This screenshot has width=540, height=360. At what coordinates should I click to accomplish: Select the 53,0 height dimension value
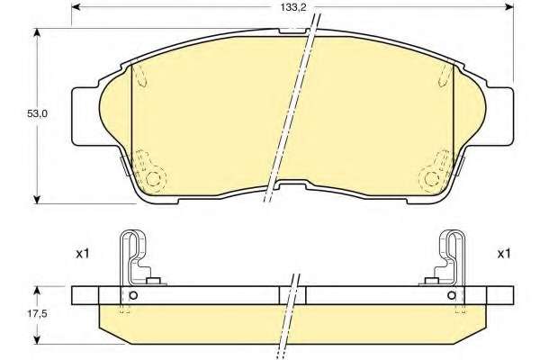[37, 113]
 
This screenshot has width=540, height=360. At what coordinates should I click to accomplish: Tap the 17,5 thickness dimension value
[37, 313]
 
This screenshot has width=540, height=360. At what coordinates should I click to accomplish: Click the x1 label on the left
[83, 254]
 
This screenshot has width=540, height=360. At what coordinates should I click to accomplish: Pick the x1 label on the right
[504, 254]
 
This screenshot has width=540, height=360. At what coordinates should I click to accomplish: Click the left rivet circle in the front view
[153, 179]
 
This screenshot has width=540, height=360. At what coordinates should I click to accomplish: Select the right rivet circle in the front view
[431, 179]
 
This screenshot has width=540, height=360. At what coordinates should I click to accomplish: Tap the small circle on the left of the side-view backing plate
[133, 295]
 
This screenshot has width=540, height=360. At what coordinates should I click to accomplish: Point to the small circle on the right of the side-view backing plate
[452, 295]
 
